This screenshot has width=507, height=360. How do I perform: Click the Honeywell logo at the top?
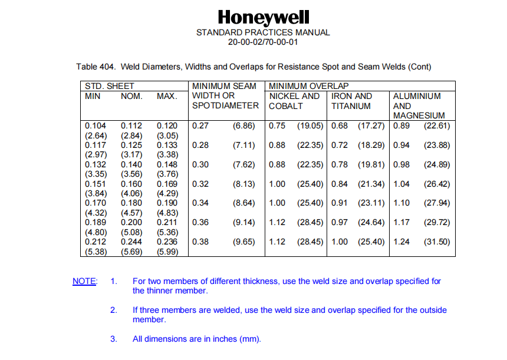click(263, 17)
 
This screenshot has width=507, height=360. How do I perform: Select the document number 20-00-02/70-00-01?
click(263, 42)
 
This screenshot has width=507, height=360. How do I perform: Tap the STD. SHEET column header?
click(110, 86)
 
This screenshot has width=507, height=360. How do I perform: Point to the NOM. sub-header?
click(131, 96)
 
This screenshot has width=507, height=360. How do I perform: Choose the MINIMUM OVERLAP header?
click(309, 86)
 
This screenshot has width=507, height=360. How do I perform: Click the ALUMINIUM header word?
click(417, 96)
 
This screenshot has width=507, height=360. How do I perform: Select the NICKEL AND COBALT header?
click(294, 101)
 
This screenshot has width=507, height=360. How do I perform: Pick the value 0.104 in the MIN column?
click(95, 125)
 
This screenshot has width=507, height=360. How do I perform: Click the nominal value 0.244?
click(131, 242)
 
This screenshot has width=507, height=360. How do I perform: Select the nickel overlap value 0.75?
click(277, 125)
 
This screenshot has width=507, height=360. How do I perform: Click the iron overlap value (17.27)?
click(371, 125)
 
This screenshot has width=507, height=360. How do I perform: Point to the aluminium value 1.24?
click(401, 242)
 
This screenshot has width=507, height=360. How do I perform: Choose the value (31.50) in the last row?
click(437, 242)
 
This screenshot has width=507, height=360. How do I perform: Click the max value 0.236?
click(167, 242)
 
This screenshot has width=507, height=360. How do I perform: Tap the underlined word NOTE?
click(84, 281)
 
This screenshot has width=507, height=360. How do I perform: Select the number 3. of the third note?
click(114, 339)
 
